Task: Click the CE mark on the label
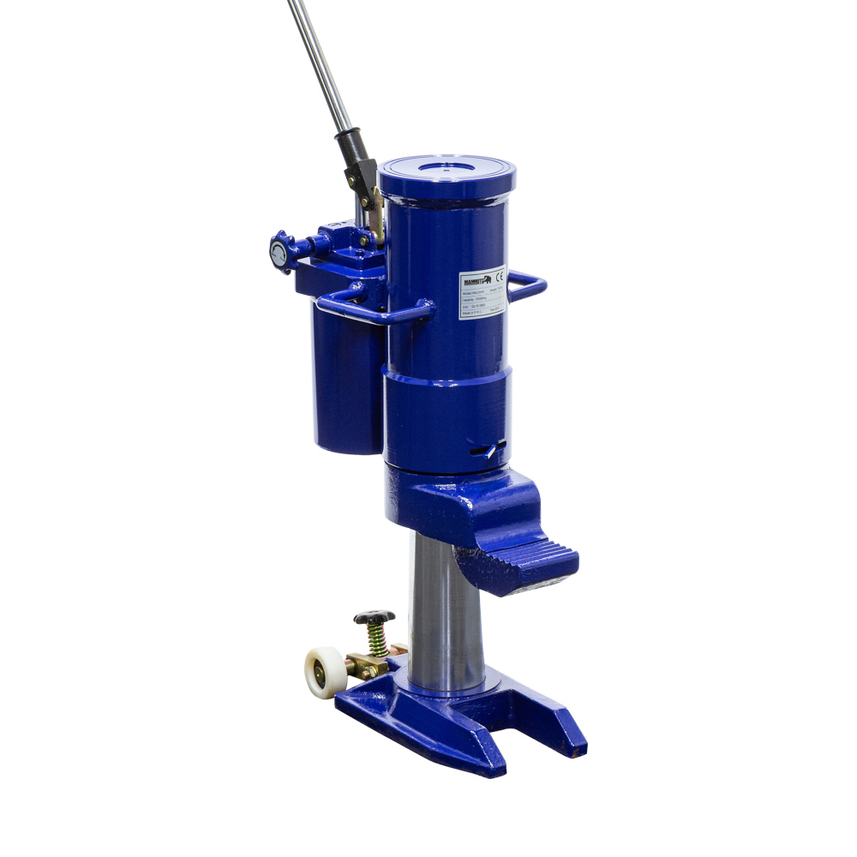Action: click(x=500, y=278)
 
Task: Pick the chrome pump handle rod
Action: click(x=319, y=60)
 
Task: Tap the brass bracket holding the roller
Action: click(x=364, y=665)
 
